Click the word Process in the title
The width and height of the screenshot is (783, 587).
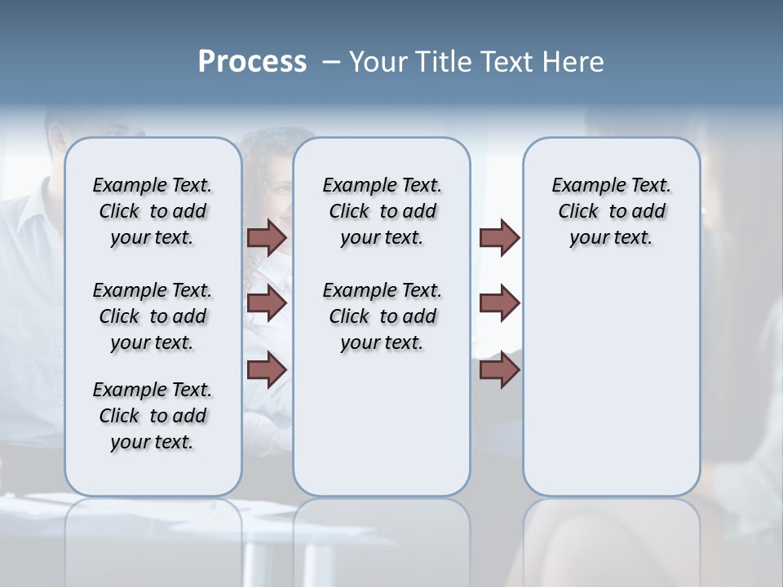click(x=252, y=62)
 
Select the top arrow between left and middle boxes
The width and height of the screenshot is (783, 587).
click(x=267, y=237)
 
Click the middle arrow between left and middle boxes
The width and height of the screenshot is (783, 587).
click(x=267, y=303)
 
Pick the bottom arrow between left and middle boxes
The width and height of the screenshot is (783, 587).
click(x=267, y=369)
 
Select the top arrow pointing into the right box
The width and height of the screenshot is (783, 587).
click(x=499, y=237)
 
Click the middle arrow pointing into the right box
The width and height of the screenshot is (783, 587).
click(x=499, y=303)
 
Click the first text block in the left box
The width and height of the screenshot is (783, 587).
click(x=153, y=211)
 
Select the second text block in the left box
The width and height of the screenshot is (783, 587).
click(x=153, y=316)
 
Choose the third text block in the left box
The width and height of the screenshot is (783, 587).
click(x=153, y=416)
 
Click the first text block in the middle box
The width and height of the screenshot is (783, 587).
click(x=382, y=211)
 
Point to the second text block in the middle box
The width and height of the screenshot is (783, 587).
click(x=382, y=316)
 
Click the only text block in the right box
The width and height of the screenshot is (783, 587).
click(x=611, y=211)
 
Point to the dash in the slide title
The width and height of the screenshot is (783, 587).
click(x=331, y=62)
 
